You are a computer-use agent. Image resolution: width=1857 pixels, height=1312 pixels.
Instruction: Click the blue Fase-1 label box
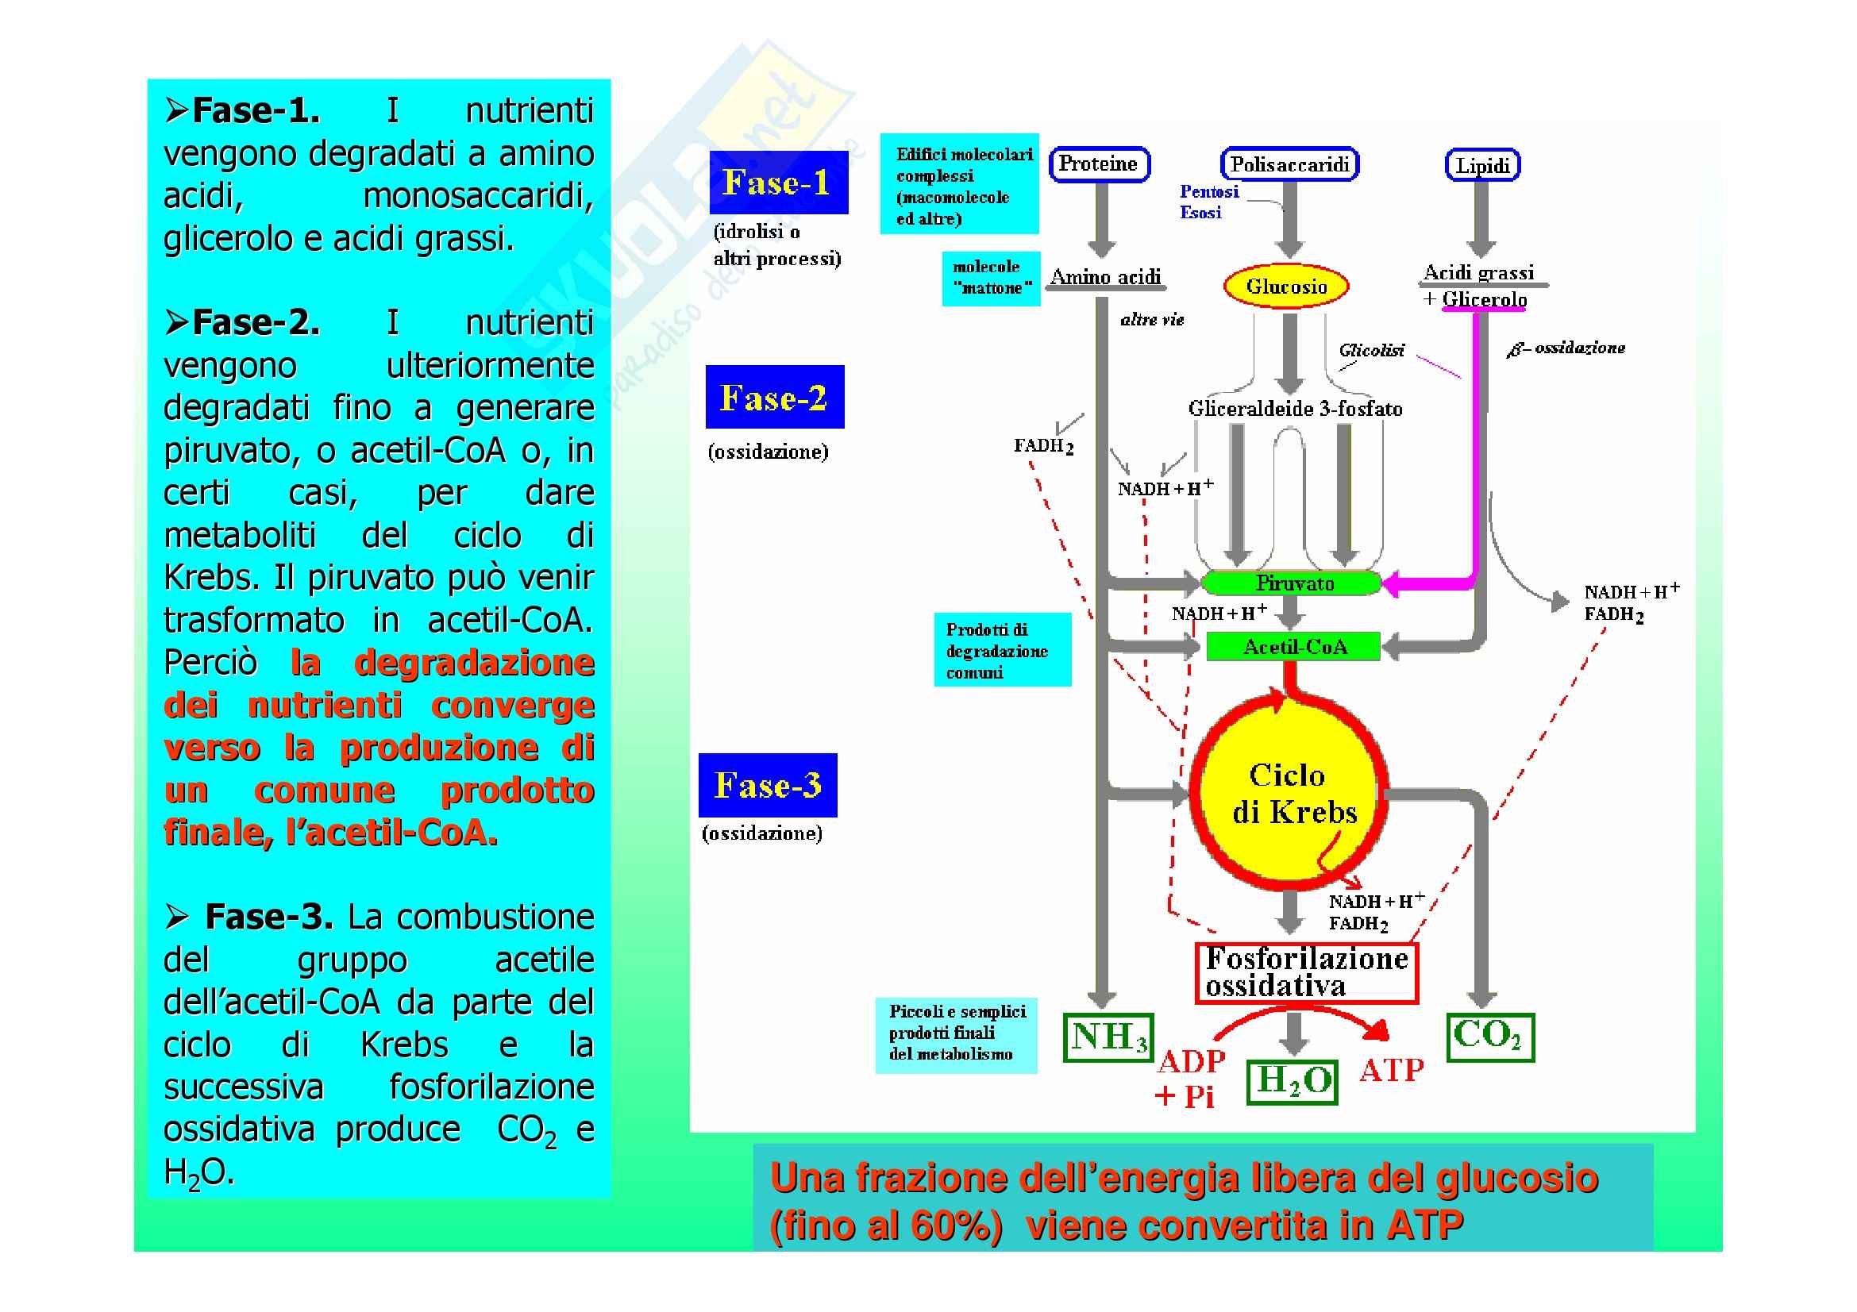778,183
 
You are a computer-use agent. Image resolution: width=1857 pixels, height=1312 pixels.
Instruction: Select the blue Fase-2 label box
774,397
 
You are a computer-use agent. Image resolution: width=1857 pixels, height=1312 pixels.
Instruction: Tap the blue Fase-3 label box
768,785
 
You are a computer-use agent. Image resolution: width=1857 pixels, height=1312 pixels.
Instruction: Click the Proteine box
1098,164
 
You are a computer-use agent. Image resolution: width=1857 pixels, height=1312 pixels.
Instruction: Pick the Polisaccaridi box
1289,164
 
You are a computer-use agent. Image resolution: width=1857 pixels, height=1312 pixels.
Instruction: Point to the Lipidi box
1482,166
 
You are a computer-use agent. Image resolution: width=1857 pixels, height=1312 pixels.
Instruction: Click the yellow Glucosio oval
1286,287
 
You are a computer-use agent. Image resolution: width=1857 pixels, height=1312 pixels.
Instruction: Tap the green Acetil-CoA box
1293,647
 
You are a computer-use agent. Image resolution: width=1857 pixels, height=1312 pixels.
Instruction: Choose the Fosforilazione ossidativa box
1306,972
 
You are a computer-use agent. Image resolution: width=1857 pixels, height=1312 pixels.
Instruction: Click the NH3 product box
1108,1037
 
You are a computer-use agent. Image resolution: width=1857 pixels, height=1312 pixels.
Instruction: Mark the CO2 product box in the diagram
1489,1037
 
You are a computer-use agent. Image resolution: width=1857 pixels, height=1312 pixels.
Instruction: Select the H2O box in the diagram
1293,1082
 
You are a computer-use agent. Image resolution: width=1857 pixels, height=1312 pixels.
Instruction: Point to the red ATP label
1391,1070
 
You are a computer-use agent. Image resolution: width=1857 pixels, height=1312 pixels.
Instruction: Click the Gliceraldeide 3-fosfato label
1294,409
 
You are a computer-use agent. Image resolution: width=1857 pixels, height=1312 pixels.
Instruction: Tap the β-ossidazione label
1566,348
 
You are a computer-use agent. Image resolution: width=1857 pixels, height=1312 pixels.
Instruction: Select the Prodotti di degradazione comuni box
1002,650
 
